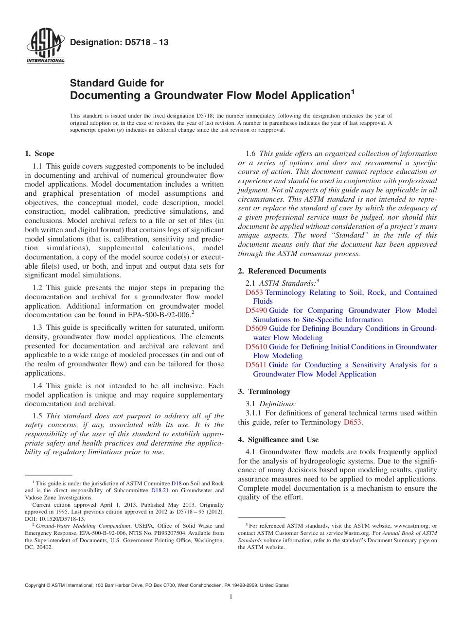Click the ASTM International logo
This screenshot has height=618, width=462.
45,47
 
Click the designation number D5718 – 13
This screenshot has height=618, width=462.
119,43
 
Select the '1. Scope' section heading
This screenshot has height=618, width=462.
39,154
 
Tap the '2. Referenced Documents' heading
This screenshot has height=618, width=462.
282,271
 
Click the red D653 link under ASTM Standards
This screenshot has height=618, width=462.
254,292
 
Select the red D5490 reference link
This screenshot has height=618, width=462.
256,310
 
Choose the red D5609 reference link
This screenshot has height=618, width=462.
256,328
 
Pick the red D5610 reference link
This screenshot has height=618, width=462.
256,347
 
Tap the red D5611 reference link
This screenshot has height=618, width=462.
256,365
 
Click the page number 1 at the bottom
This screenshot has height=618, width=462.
231,597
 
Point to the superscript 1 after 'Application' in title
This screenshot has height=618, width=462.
353,91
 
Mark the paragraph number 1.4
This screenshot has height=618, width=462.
38,386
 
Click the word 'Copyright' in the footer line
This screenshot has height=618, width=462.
36,585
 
